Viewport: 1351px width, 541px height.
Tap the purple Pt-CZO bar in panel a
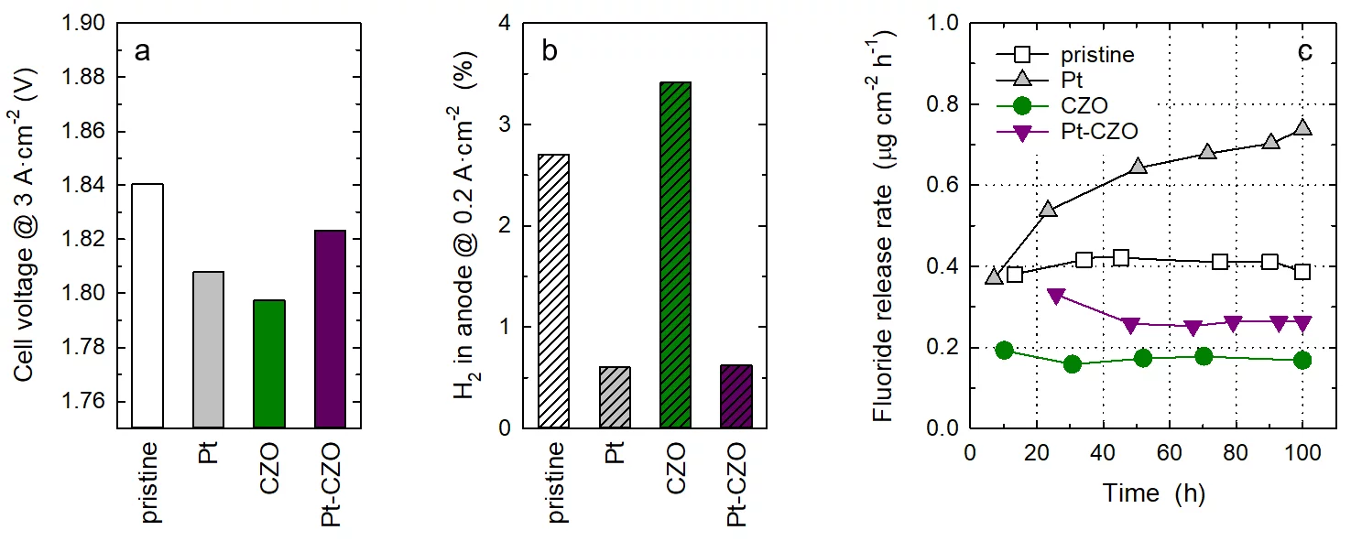pyautogui.click(x=330, y=329)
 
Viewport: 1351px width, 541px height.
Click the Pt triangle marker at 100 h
pyautogui.click(x=1302, y=128)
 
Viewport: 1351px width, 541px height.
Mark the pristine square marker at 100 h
pyautogui.click(x=1302, y=272)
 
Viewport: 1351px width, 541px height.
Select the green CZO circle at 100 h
pyautogui.click(x=1302, y=360)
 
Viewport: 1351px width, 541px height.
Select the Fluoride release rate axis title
pyautogui.click(x=884, y=225)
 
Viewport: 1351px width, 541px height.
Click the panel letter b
pyautogui.click(x=550, y=51)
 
